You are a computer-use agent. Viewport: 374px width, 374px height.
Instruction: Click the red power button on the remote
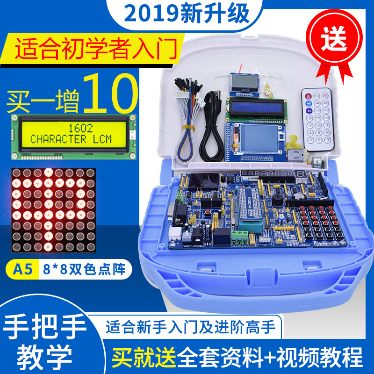coord(309,96)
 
